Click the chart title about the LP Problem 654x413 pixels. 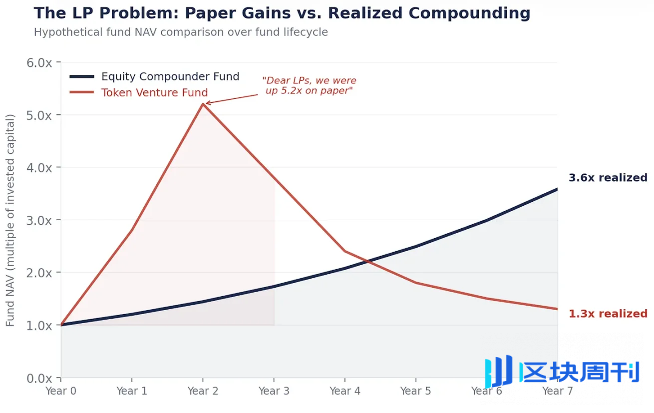tap(282, 13)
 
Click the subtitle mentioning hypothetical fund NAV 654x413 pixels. tap(181, 32)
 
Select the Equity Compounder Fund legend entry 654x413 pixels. tap(170, 76)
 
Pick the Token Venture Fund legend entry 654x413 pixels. tap(154, 92)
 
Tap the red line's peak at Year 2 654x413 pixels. tap(203, 104)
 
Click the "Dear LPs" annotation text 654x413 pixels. tap(309, 85)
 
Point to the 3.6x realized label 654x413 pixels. tap(608, 178)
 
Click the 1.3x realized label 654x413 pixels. tap(608, 314)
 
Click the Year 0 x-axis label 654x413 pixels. tap(61, 391)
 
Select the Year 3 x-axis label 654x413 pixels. tap(274, 391)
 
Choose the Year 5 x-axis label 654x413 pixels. tap(415, 391)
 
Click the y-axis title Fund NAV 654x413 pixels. tap(10, 220)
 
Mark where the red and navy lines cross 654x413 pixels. tap(368, 260)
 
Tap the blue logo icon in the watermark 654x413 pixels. tap(498, 371)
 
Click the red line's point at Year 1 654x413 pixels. tap(132, 230)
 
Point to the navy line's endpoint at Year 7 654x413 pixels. tap(557, 189)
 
